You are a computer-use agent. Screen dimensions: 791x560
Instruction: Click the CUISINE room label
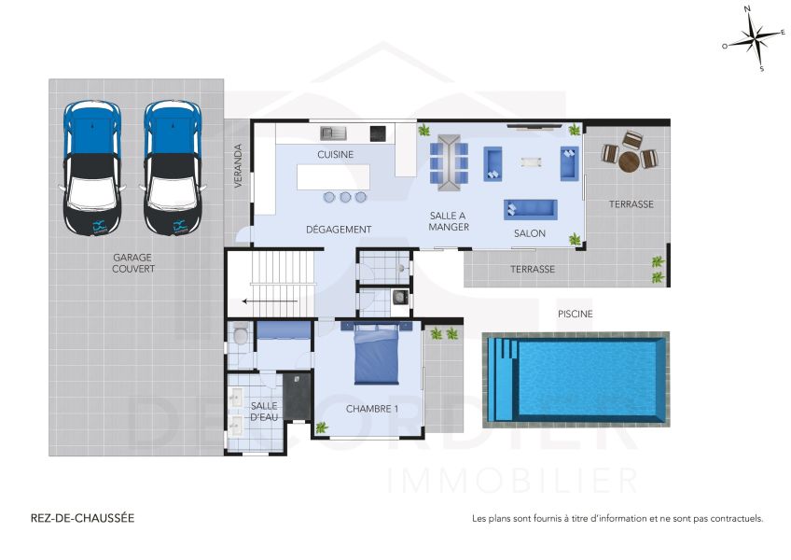tap(336, 155)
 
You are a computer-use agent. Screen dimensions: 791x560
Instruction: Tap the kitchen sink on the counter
tap(333, 133)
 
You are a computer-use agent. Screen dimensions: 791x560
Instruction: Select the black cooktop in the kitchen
tap(378, 133)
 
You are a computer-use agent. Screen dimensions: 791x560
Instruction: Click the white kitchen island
tap(333, 176)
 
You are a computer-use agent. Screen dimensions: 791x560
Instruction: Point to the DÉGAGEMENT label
tap(339, 230)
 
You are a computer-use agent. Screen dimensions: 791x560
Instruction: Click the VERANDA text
tap(238, 166)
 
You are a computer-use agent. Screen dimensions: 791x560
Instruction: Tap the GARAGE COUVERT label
tap(133, 263)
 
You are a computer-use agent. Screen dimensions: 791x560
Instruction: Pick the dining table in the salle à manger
tap(449, 162)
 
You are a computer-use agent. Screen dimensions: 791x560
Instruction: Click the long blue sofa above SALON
tap(530, 210)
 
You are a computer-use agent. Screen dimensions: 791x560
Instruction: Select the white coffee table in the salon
tap(531, 162)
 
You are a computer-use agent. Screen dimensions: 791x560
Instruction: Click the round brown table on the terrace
tap(629, 162)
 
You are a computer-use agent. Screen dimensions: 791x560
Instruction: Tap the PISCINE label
tap(576, 315)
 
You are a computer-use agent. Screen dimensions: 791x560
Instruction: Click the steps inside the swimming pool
tap(504, 379)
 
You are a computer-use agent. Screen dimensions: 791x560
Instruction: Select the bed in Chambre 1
tap(376, 354)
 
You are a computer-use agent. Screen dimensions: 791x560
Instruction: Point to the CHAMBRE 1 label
tap(372, 409)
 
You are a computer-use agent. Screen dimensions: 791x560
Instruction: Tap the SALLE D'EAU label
tap(264, 412)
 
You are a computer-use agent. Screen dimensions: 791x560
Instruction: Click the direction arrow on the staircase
tap(270, 301)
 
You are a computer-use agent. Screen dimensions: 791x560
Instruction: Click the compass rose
tap(754, 38)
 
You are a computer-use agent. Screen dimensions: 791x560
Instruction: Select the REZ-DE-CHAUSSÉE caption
tap(83, 518)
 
